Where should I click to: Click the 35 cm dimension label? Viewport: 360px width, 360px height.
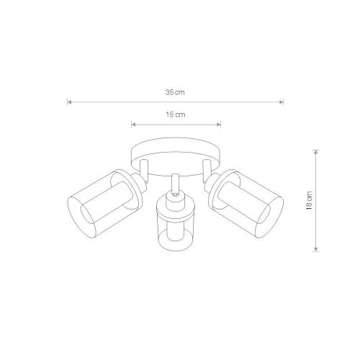[175, 92]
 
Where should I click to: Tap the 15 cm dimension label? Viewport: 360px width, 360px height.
[176, 114]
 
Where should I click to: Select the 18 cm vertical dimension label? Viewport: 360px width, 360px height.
[310, 201]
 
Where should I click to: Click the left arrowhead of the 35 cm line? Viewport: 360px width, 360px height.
[69, 102]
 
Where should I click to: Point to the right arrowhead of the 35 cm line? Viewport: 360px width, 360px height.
[282, 102]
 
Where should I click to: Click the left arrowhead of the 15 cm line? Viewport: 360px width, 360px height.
[134, 125]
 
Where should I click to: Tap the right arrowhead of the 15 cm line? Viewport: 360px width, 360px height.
[218, 125]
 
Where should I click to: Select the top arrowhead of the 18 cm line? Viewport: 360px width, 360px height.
[316, 152]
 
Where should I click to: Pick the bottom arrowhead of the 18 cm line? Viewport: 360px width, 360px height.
[316, 249]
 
